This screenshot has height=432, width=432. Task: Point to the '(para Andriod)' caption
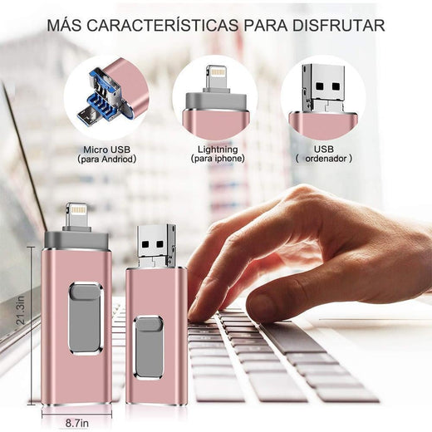(106, 158)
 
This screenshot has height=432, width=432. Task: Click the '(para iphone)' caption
(218, 158)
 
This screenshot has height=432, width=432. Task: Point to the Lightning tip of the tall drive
(76, 214)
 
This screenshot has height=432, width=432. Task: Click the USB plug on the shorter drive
(155, 243)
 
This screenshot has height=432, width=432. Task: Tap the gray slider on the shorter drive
(150, 332)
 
